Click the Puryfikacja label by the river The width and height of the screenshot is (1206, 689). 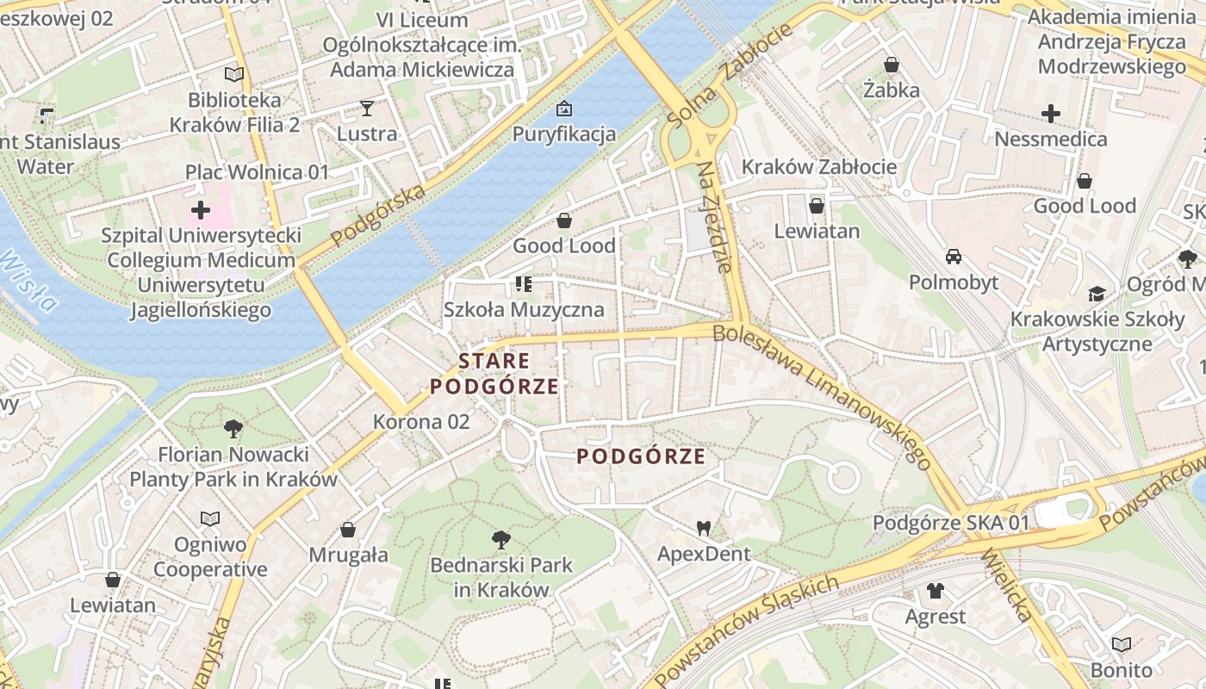point(564,133)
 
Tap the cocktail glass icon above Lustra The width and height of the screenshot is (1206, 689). point(367,108)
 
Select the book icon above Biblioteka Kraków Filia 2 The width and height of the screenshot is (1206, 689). point(234,74)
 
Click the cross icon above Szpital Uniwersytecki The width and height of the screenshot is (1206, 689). point(201,209)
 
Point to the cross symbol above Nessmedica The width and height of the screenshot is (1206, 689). point(1051,113)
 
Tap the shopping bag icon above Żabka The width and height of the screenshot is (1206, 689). point(892,65)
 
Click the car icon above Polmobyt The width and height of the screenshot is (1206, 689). point(954,256)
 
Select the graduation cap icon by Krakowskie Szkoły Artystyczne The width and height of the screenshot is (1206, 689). point(1097,294)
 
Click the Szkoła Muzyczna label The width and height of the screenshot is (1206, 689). point(524,309)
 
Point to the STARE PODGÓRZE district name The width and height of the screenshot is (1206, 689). point(494,373)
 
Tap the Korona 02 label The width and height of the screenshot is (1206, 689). point(421,421)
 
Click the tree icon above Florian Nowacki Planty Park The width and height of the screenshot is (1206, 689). point(233,427)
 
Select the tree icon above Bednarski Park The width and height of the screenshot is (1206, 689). point(500,540)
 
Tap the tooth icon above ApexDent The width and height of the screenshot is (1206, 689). point(704,528)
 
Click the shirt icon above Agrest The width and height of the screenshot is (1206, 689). point(936,591)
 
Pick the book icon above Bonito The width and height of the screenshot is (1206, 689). point(1121,644)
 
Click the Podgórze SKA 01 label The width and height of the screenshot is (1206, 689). point(951,523)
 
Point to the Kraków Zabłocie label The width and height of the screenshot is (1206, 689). point(819,166)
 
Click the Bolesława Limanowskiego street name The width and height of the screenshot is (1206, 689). point(823,396)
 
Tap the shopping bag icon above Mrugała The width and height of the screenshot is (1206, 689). point(349,529)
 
